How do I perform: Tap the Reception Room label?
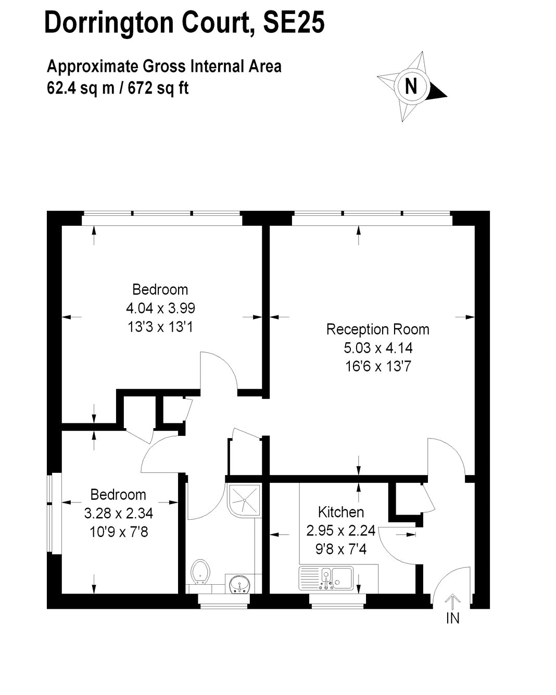pos(377,329)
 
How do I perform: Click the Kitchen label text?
pos(340,512)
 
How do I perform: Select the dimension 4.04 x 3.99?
pos(160,308)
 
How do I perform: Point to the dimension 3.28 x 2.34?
pos(118,513)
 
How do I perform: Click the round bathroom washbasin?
pos(239,584)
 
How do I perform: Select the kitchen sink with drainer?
pos(326,578)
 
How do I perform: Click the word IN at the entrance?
pos(452,618)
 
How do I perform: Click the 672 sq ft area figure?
pos(158,88)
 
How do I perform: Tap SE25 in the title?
pos(294,22)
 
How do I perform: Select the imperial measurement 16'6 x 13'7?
pos(378,367)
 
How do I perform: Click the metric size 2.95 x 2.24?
pos(340,531)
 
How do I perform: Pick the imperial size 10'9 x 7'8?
pos(119,532)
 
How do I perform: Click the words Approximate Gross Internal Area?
pos(164,66)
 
